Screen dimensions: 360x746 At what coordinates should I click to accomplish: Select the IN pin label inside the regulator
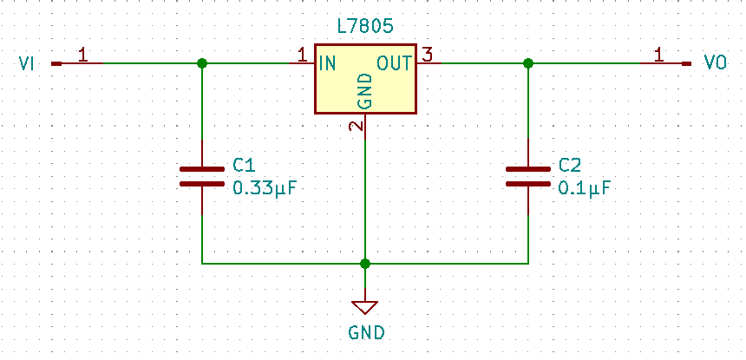(327, 63)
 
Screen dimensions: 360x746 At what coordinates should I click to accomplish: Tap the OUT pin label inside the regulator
(396, 63)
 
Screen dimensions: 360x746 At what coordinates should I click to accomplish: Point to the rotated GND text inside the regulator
(365, 91)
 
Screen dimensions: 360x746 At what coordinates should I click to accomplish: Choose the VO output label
(715, 63)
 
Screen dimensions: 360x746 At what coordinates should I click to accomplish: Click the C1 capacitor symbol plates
(202, 176)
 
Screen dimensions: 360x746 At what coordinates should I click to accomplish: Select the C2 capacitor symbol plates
(528, 176)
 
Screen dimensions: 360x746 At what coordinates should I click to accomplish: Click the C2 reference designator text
(570, 165)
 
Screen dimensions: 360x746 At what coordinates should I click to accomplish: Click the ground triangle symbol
(365, 306)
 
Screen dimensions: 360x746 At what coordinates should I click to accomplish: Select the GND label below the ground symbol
(365, 331)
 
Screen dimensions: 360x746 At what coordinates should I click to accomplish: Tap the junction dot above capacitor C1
(202, 63)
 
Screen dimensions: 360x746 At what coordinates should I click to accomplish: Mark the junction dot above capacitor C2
(528, 63)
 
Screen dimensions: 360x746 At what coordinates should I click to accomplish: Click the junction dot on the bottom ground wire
(365, 263)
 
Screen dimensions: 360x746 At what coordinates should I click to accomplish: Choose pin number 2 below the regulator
(356, 126)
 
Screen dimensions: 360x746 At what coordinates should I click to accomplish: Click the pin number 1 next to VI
(82, 56)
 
